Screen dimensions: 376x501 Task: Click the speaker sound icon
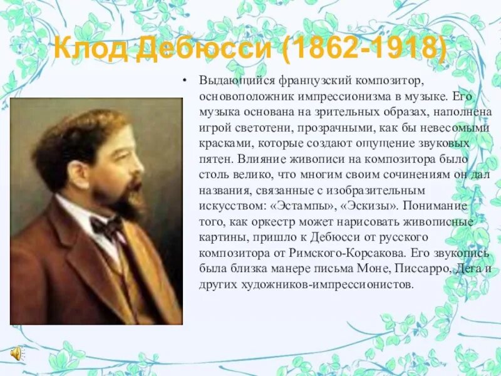[x=16, y=353]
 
